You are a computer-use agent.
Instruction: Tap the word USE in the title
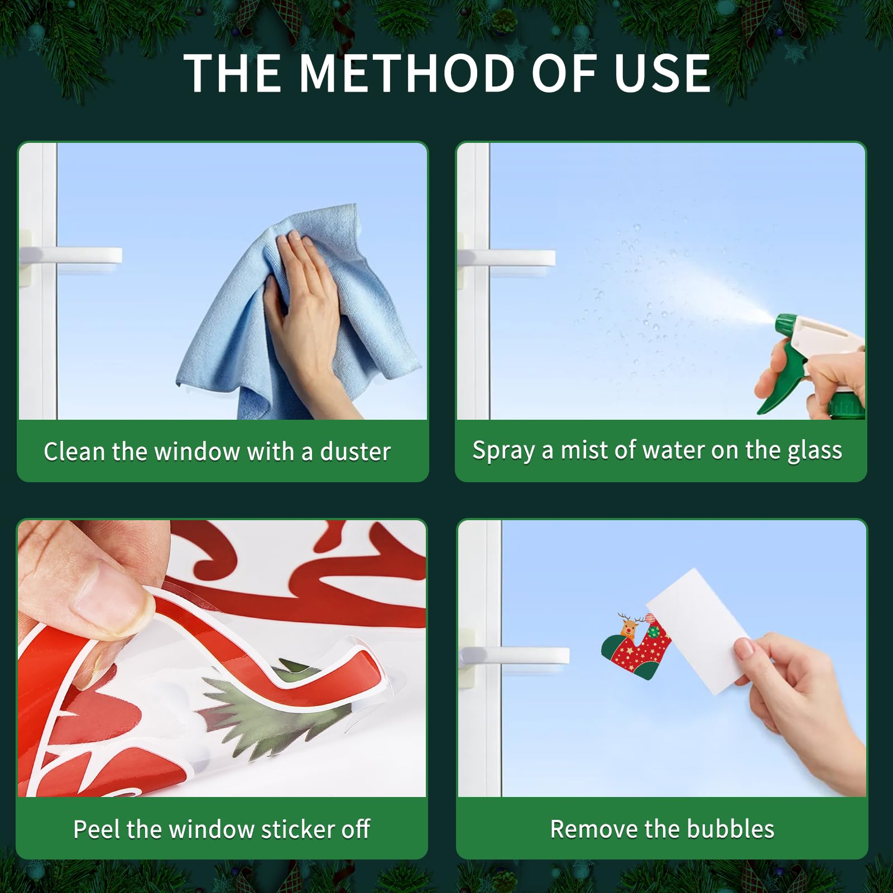pos(662,73)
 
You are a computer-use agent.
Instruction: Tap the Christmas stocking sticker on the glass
pos(636,647)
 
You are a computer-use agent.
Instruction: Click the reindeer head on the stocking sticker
pos(628,626)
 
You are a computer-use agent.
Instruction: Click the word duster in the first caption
pos(355,452)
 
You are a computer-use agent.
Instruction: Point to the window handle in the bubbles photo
pos(513,656)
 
